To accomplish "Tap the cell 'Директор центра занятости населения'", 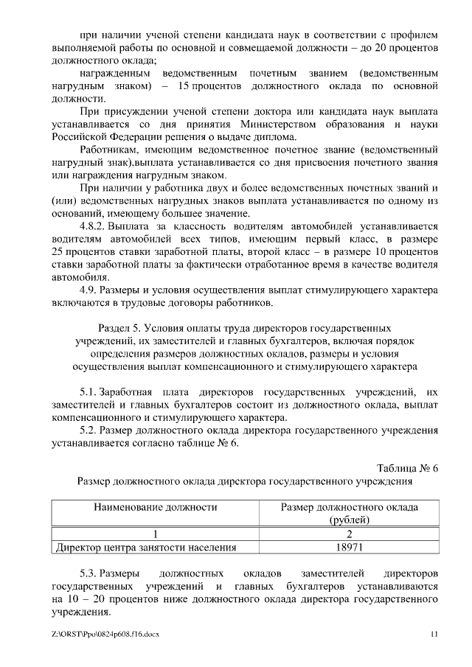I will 147,548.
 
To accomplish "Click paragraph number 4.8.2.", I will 95,226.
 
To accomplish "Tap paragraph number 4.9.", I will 88,289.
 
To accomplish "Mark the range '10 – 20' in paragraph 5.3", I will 88,599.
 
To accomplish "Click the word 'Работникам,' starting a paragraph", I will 110,149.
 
